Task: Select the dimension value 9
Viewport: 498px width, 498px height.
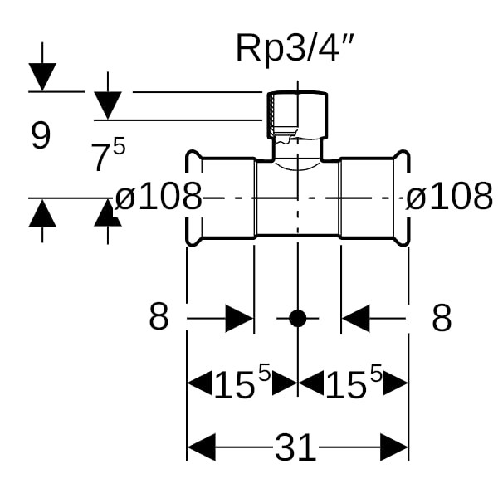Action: coord(41,135)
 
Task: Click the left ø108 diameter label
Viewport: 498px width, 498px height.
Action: coord(158,198)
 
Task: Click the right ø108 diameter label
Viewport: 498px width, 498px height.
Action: coord(449,198)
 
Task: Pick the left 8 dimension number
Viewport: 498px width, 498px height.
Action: coord(159,317)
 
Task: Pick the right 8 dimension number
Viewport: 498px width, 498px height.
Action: coord(442,317)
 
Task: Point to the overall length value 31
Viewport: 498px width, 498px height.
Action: coord(295,449)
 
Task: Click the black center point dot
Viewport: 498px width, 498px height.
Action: coord(297,317)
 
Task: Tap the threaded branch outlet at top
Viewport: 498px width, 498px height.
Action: coord(297,116)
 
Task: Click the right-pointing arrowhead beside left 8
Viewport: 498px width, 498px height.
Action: coord(239,318)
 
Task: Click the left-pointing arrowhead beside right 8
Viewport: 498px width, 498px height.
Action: coord(355,318)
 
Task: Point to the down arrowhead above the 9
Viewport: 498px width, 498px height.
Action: coord(42,77)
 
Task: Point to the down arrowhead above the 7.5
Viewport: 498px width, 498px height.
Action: coord(108,105)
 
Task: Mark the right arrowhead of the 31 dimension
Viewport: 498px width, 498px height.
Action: coord(394,449)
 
